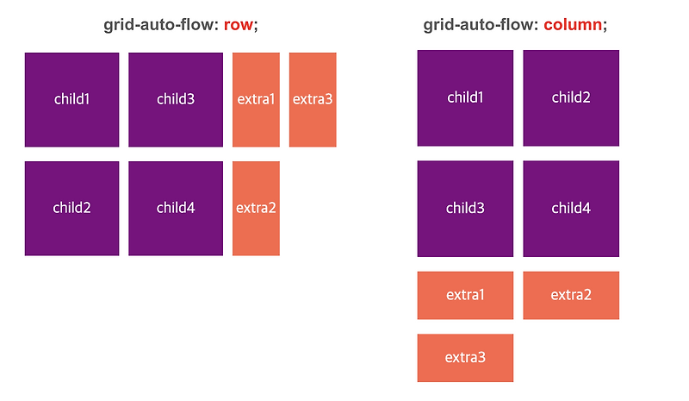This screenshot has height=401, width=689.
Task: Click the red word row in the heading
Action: click(239, 25)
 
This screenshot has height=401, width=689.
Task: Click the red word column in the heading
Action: click(573, 25)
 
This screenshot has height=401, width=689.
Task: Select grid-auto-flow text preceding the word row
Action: click(161, 25)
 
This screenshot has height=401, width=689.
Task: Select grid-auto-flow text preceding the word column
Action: click(481, 25)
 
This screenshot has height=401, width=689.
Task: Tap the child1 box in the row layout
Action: click(71, 99)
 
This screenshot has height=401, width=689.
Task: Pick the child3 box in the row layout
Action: click(176, 99)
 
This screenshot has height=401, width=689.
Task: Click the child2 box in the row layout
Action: click(71, 208)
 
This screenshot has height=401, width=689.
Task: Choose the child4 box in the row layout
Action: click(176, 208)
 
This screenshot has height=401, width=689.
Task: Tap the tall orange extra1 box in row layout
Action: click(256, 99)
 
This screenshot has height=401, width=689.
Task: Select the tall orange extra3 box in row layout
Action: click(313, 99)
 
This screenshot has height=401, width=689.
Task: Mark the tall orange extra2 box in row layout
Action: click(256, 208)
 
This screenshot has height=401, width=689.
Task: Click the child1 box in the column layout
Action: click(465, 97)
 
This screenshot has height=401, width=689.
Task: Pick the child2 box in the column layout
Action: click(571, 97)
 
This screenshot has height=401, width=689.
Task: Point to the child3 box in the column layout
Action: click(465, 208)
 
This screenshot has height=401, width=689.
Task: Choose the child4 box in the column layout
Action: click(571, 208)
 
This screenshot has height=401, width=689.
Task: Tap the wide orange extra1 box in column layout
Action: click(465, 295)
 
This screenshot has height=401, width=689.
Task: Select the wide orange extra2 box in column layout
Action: click(571, 295)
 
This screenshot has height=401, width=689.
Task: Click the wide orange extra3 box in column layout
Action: click(465, 357)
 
